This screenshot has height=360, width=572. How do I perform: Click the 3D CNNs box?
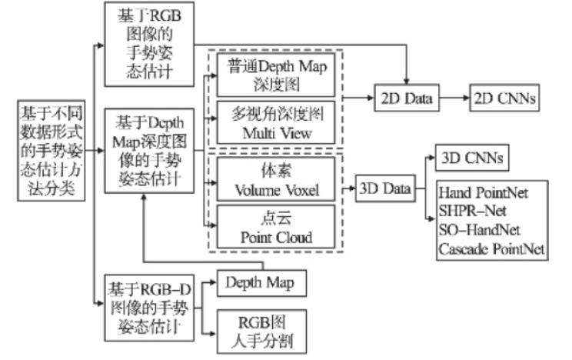470,157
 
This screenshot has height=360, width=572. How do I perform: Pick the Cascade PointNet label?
491,248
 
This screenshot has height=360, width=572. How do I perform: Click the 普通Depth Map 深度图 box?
274,74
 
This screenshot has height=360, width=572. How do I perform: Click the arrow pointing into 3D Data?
346,187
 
